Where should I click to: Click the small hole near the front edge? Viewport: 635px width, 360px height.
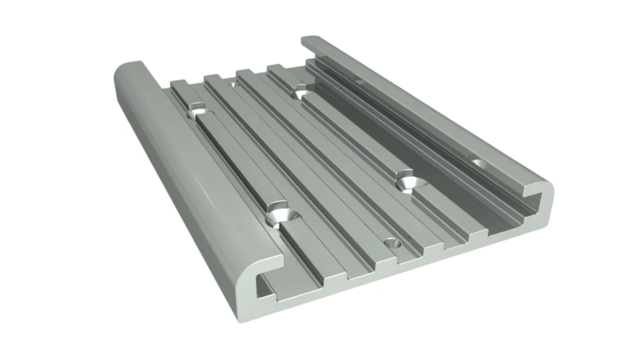pyautogui.click(x=392, y=244)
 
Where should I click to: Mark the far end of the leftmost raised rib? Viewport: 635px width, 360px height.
pyautogui.click(x=178, y=83)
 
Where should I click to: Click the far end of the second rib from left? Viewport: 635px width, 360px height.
pyautogui.click(x=212, y=77)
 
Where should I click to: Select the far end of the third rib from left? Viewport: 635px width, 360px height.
pyautogui.click(x=244, y=72)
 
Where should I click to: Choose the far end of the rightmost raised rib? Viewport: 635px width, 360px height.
pyautogui.click(x=276, y=67)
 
